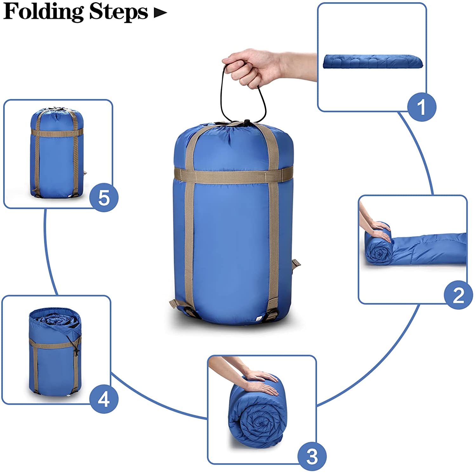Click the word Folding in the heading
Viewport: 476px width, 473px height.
point(43,12)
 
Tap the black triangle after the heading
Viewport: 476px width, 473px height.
point(160,13)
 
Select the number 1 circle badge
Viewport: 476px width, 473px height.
point(421,107)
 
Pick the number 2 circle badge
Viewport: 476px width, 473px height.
point(458,295)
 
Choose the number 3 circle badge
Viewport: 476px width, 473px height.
point(312,456)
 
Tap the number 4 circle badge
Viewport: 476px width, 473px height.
point(104,399)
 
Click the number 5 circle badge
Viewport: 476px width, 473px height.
point(104,198)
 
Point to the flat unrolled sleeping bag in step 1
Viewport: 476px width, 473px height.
point(374,61)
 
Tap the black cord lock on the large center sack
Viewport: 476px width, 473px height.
point(246,123)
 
